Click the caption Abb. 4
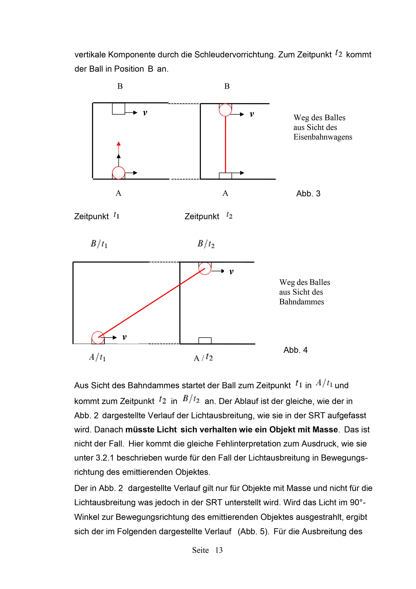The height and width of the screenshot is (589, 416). click(295, 350)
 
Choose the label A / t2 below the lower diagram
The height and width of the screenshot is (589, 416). click(203, 357)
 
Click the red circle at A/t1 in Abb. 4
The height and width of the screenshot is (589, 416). click(98, 338)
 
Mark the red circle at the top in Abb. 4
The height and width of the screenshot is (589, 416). click(205, 269)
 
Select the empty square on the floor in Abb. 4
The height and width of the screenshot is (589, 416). click(205, 340)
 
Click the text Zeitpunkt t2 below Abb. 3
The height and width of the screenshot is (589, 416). click(208, 216)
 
